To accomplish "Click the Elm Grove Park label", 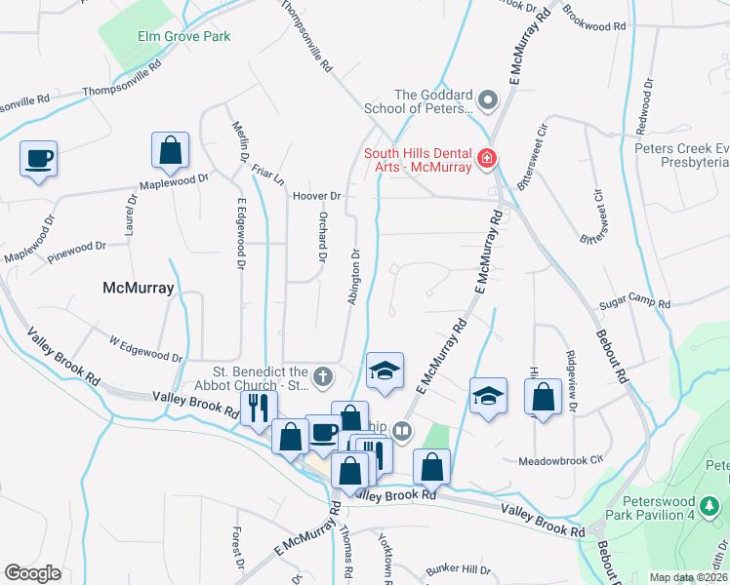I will [x=183, y=37].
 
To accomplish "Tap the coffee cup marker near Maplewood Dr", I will [x=39, y=159].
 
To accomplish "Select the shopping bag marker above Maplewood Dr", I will [x=170, y=151].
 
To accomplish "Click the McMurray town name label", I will [x=138, y=289].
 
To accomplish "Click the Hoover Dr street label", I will [x=315, y=196].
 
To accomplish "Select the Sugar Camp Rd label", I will [x=634, y=304].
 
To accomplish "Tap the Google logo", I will [x=32, y=573].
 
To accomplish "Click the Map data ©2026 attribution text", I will [x=688, y=577].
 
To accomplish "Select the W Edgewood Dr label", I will [x=145, y=351].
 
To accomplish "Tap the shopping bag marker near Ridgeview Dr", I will [x=543, y=398].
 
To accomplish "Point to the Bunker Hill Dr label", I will [x=458, y=569].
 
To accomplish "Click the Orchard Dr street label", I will [x=321, y=238].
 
